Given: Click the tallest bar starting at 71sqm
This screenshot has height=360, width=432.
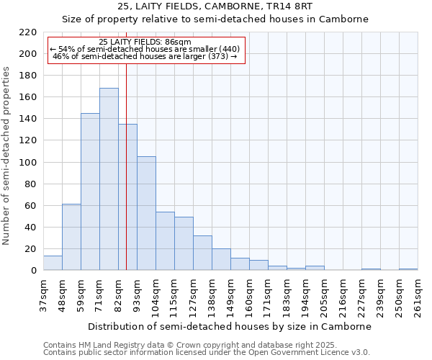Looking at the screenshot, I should [109, 179].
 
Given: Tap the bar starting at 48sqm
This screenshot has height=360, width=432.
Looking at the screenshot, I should [71, 237].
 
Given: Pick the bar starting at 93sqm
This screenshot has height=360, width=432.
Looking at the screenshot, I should [146, 213].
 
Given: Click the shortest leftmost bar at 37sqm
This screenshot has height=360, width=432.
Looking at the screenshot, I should [53, 263].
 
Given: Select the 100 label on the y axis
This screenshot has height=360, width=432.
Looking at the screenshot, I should [27, 163].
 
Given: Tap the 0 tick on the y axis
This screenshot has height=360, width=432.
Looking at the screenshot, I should [33, 271].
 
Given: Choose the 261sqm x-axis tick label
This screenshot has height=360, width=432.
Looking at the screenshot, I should [417, 294].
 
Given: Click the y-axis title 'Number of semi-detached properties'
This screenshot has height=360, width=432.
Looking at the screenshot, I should [7, 156].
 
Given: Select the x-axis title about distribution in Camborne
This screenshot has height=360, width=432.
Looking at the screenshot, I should [229, 326].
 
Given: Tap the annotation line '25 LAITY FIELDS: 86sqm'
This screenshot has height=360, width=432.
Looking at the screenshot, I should [145, 42].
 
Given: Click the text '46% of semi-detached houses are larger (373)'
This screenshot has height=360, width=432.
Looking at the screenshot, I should [145, 56].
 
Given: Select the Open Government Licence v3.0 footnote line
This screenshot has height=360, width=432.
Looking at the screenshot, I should [206, 352].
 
